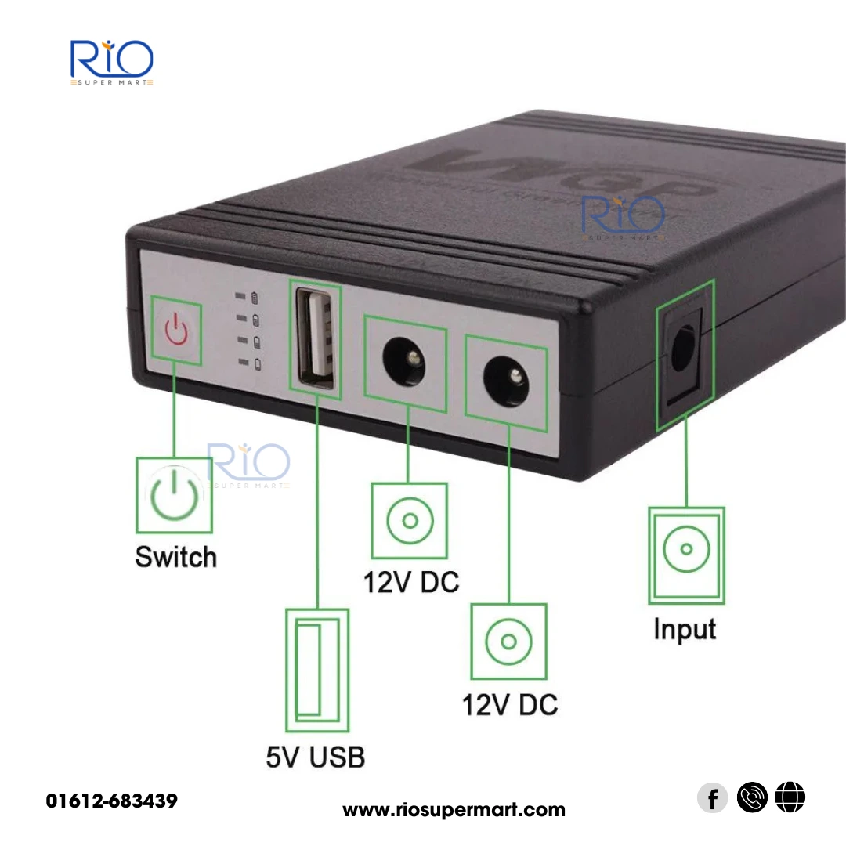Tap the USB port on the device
tap(316, 335)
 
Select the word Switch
tap(175, 557)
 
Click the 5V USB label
tap(315, 757)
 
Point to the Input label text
tap(685, 629)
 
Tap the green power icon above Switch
tap(174, 496)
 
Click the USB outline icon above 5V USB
tap(316, 670)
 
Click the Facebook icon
tap(712, 799)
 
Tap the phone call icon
tap(752, 799)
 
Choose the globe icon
tap(790, 799)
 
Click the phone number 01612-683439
tap(112, 801)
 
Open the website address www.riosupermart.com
tap(454, 810)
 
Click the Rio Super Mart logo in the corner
tap(111, 62)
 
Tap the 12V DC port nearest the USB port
tap(405, 360)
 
